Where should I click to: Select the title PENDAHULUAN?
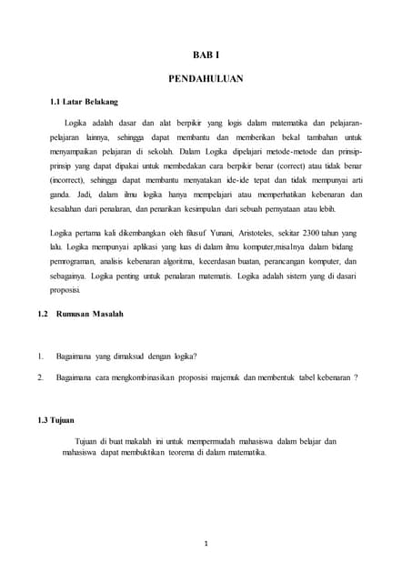pos(206,79)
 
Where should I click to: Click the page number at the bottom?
pos(206,544)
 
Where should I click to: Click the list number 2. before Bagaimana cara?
pos(41,376)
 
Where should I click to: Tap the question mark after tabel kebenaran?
pos(356,376)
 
